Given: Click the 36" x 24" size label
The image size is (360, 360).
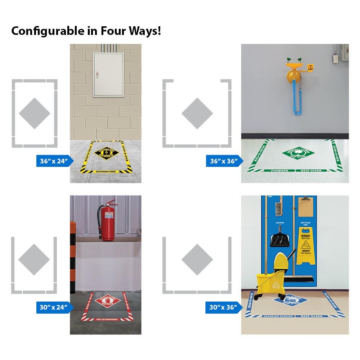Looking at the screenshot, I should coord(54,161).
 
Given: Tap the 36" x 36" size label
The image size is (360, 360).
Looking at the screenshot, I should coord(224,161).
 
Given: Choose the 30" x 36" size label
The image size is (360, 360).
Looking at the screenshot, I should coord(224,307).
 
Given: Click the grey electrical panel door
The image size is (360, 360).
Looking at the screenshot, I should coord(108,75).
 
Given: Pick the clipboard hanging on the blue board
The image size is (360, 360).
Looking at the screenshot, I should coord(305,208).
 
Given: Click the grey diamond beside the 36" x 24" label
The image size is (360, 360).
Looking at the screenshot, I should coord(34,113).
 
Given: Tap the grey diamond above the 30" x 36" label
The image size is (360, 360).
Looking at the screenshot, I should coord(197,259).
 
